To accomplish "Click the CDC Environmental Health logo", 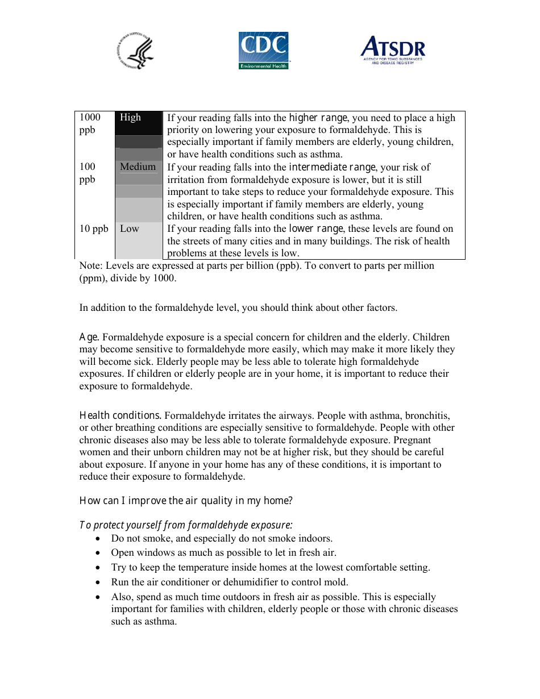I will tap(263, 51).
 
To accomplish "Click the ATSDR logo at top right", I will tap(393, 51).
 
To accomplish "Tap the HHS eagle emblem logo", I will tap(136, 51).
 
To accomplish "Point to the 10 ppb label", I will tap(93, 228).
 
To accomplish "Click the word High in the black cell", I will tap(130, 117).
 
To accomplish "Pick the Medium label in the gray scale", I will tap(138, 167).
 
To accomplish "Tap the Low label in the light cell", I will tap(129, 228).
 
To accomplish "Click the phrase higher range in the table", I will tap(318, 118).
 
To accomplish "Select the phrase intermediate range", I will tap(332, 167).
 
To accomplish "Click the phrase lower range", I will tap(315, 228).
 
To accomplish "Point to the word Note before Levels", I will tap(90, 265).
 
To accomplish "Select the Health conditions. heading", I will tap(121, 415).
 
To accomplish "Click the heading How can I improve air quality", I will tap(186, 501).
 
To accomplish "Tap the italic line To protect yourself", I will tap(186, 525).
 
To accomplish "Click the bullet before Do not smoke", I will tap(99, 539).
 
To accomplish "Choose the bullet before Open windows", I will tap(99, 553).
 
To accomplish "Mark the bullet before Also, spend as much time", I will tap(99, 597).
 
